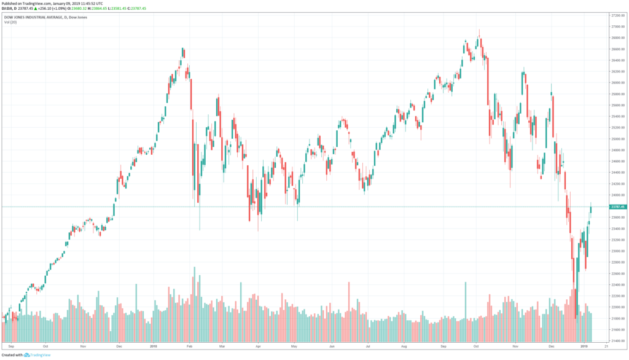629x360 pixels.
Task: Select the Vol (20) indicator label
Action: [10, 23]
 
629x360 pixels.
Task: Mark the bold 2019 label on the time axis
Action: [584, 347]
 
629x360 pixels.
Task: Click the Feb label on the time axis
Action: [190, 347]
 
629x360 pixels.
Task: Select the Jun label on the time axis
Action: [332, 347]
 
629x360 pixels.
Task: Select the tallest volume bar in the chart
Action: [195, 305]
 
